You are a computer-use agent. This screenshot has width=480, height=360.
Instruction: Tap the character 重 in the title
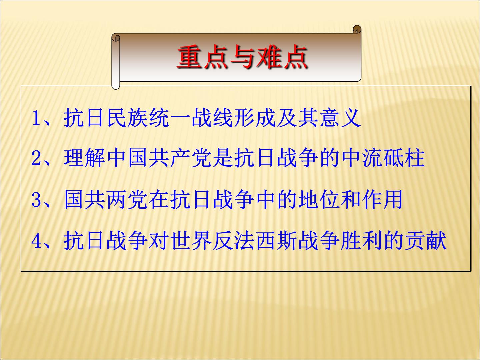[189, 57]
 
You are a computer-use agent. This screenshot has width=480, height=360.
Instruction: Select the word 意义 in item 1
[340, 118]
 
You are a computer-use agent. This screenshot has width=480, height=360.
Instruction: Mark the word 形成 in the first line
[255, 118]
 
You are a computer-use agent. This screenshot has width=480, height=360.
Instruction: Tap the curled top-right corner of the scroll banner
[357, 29]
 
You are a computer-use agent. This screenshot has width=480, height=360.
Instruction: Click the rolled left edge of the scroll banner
[116, 62]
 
